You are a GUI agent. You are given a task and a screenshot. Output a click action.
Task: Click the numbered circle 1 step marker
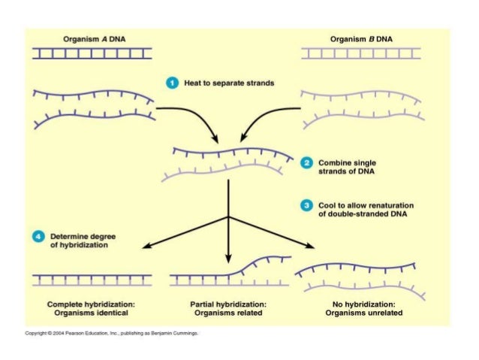click(171, 83)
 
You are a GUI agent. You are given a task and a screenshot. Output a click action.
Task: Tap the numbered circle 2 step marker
click(306, 162)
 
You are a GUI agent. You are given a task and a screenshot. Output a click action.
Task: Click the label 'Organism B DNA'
click(360, 39)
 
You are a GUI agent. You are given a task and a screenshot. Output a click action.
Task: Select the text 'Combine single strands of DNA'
click(346, 166)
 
